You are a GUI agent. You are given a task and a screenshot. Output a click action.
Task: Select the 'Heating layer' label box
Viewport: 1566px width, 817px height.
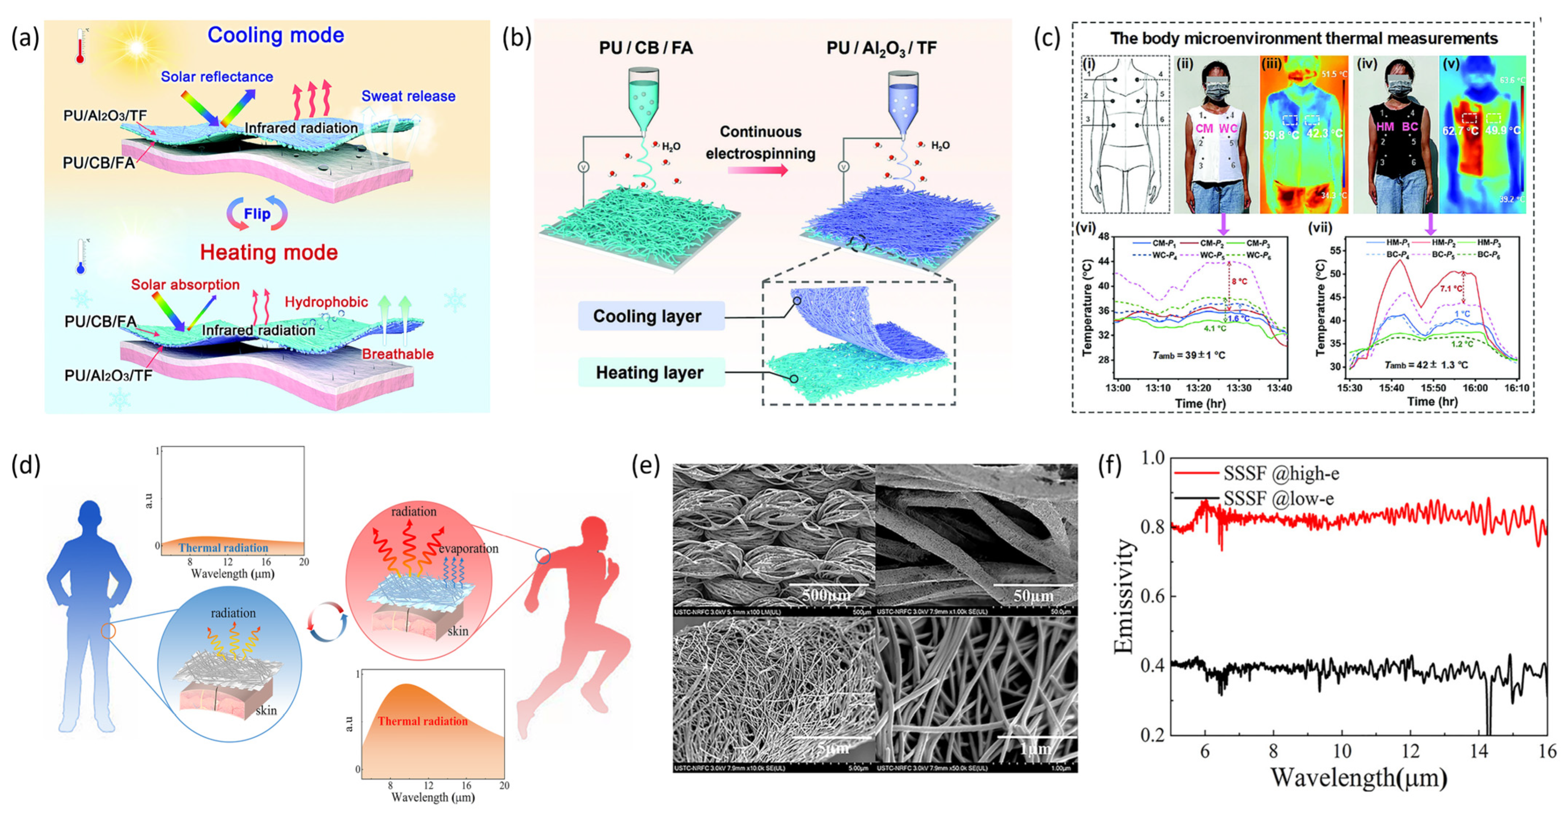point(650,373)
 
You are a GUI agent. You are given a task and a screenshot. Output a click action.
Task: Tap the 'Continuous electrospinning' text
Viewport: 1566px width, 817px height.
point(760,142)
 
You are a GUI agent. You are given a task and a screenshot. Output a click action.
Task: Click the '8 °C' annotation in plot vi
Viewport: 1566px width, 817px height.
point(1239,281)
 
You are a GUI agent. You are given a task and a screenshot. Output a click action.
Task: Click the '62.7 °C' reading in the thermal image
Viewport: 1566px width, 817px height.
point(1459,131)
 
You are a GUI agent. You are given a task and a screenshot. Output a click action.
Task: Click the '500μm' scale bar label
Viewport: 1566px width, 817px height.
point(827,595)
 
